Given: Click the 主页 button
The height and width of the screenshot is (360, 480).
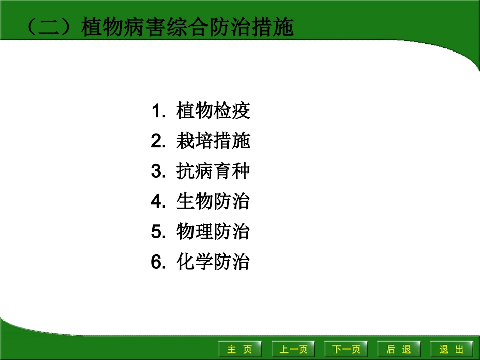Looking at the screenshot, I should click(239, 349).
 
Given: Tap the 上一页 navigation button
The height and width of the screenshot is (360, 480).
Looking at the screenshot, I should click(294, 349).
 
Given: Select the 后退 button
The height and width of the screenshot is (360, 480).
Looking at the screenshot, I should click(398, 349).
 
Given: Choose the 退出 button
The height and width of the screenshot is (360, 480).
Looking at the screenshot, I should click(451, 349).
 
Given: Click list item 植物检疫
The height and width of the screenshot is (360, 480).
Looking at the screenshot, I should click(213, 111).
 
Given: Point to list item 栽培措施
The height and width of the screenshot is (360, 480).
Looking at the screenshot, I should click(213, 142).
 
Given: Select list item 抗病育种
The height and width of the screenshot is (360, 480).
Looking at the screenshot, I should click(213, 172).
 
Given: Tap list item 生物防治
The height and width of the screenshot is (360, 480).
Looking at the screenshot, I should click(213, 202).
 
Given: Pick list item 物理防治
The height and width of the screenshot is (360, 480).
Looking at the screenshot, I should click(213, 232).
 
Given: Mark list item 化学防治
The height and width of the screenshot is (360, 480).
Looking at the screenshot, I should click(213, 263).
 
